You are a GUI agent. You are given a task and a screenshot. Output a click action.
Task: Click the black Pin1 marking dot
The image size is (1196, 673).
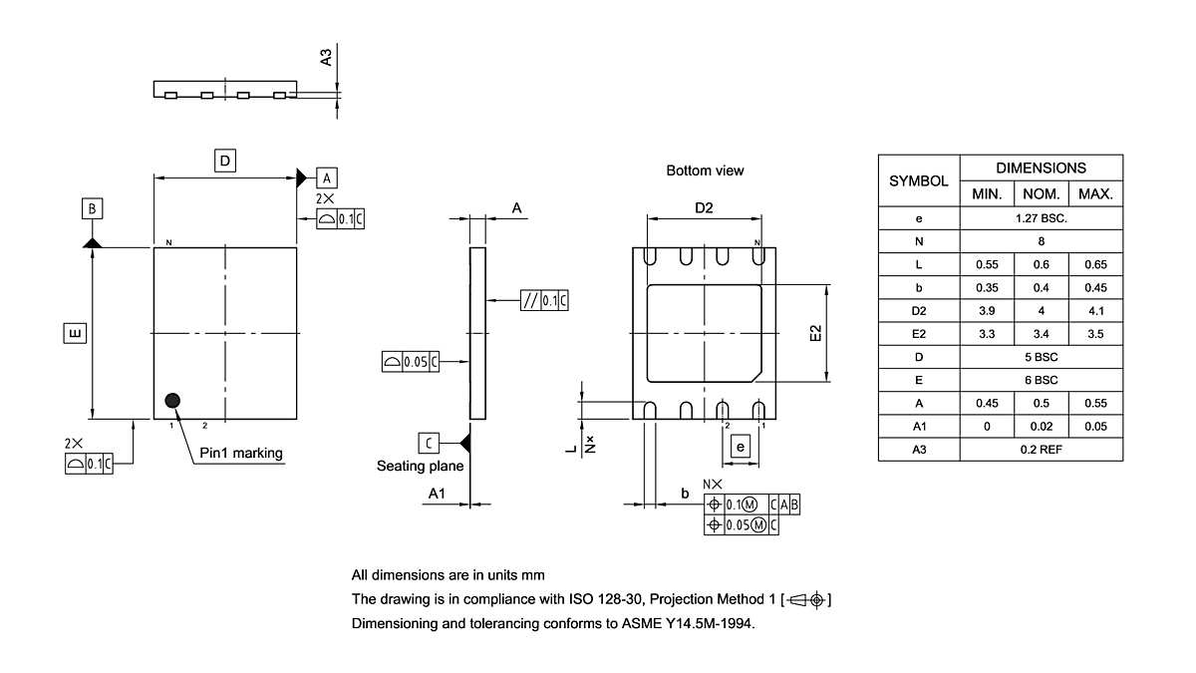[173, 401]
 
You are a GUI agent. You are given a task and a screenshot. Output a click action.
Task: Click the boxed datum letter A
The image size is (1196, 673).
[327, 177]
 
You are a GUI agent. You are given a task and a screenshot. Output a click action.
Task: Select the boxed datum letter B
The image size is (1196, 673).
[92, 208]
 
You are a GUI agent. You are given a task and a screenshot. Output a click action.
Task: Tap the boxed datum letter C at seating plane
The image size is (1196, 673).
[428, 442]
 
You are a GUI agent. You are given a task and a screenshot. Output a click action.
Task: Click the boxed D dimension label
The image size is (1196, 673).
[225, 161]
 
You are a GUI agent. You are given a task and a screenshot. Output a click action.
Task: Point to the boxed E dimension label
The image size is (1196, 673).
[74, 332]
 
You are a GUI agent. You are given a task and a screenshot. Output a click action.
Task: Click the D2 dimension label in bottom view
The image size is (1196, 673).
[704, 208]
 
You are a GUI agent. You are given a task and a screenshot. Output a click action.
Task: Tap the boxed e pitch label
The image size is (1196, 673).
[740, 448]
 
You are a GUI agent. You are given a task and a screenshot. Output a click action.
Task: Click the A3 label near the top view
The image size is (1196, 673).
[326, 56]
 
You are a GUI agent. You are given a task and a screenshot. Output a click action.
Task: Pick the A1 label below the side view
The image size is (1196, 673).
[437, 494]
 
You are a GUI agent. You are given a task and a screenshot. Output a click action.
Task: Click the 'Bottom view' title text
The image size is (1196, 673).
[705, 170]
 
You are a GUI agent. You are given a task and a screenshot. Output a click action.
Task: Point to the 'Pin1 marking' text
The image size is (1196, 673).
[241, 454]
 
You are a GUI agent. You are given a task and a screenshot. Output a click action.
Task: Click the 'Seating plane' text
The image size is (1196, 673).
[420, 466]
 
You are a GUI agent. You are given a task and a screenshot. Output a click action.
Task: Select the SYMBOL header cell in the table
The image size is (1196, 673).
[918, 180]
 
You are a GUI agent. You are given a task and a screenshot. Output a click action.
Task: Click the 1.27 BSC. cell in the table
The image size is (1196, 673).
[1041, 217]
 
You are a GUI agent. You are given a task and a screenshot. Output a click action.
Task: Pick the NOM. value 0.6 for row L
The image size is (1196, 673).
[1041, 264]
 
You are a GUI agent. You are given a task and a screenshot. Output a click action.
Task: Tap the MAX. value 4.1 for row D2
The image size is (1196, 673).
[1095, 310]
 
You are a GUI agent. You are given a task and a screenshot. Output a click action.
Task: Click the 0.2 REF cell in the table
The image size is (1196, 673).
[1041, 450]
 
